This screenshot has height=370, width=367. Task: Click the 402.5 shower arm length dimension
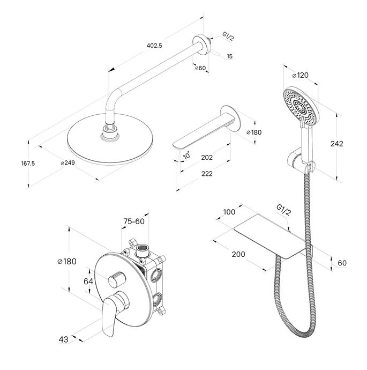(x=154, y=46)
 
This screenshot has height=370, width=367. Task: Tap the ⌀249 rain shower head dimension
(x=68, y=162)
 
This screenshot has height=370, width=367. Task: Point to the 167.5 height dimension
(x=28, y=164)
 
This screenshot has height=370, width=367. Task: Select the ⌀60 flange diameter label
(x=200, y=68)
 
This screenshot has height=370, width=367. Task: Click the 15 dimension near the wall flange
(x=229, y=56)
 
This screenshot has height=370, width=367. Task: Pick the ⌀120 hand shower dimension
(x=300, y=75)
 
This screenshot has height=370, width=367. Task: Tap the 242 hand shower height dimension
(x=337, y=144)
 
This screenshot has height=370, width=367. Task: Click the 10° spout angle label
(x=186, y=156)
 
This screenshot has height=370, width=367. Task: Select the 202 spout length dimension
(x=207, y=158)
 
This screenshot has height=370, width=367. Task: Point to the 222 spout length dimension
(x=207, y=174)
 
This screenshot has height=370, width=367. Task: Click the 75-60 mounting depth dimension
(x=134, y=221)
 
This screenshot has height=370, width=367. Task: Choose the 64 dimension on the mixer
(x=88, y=282)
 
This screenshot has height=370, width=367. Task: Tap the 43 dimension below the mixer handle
(x=63, y=339)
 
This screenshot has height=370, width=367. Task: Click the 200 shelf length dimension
(x=238, y=254)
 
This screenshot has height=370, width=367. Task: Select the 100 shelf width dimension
(x=229, y=212)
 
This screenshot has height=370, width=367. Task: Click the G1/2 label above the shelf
(x=283, y=210)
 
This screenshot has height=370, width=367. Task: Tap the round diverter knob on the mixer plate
(x=116, y=279)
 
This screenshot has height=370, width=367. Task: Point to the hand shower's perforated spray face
(x=299, y=106)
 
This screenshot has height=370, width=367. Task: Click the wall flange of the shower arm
(x=201, y=45)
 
